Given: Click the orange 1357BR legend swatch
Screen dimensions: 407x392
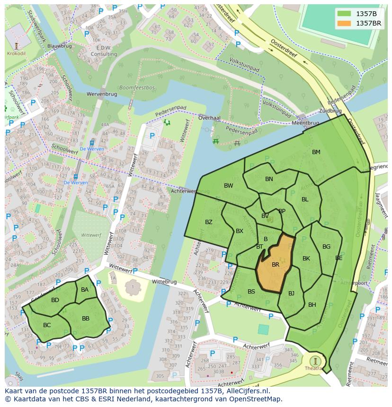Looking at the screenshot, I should (x=344, y=23).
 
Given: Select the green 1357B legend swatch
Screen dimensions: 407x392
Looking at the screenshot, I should (x=344, y=14).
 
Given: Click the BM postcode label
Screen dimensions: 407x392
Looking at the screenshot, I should (x=316, y=152).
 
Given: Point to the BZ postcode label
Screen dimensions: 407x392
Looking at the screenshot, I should (x=209, y=222).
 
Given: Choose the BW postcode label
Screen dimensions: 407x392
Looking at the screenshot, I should (x=229, y=186).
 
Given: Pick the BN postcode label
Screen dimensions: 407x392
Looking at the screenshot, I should (x=269, y=179).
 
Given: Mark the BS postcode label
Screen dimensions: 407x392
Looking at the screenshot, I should (x=251, y=292).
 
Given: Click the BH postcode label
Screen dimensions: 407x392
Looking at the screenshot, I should (x=312, y=305).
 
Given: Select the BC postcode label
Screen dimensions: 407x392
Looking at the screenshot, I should (x=47, y=325).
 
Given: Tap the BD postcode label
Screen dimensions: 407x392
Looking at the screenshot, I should (x=55, y=300).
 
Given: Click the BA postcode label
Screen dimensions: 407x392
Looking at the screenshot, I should (x=85, y=290).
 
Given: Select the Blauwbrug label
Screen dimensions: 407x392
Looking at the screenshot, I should (x=59, y=46).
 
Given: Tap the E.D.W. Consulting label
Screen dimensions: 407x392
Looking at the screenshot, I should (x=104, y=52).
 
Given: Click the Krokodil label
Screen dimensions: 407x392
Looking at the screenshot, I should (x=17, y=54).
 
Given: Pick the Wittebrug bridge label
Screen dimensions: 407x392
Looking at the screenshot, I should (x=164, y=282).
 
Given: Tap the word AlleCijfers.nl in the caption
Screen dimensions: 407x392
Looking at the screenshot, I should (x=246, y=391).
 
